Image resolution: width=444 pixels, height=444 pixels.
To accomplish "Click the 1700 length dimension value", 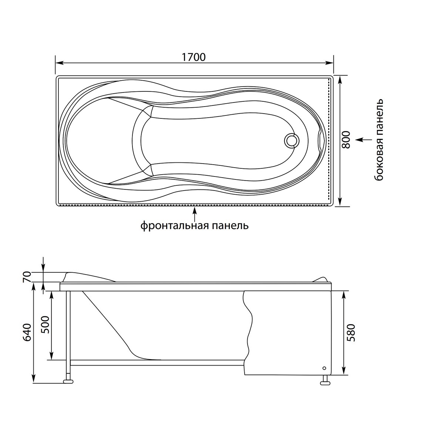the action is tap(194, 57).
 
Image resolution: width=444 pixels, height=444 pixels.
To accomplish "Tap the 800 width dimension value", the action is tap(346, 140).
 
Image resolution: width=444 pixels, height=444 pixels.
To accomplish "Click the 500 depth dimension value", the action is tap(46, 324).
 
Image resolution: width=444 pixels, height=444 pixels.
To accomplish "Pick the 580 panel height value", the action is tap(351, 333).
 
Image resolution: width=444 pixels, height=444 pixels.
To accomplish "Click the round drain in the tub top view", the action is tap(292, 140).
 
